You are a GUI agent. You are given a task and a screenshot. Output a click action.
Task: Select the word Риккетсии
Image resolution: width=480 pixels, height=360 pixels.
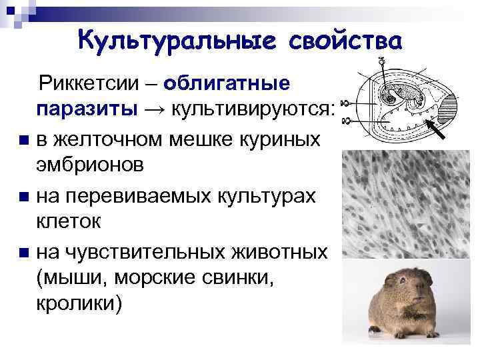tap(93, 85)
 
